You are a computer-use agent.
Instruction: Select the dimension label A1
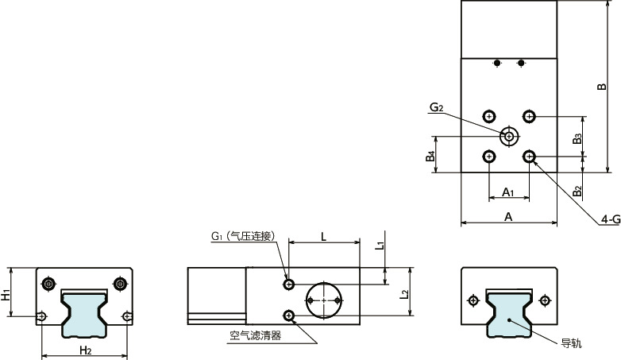point(509,192)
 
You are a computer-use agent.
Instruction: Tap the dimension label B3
point(578,137)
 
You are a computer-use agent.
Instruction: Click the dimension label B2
point(578,191)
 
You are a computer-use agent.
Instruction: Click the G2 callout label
point(435,107)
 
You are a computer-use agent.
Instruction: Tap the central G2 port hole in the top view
point(508,137)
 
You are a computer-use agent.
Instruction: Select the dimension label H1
point(7,294)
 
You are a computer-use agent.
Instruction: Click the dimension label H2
point(85,350)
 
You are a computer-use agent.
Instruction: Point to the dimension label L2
point(405,295)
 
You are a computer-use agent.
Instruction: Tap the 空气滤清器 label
point(256,335)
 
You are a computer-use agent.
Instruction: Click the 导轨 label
point(571,343)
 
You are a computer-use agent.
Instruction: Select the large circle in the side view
point(324,300)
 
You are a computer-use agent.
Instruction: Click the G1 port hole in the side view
point(289,284)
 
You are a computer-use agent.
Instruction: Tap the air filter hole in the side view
point(289,315)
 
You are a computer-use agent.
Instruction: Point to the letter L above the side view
point(322,236)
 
